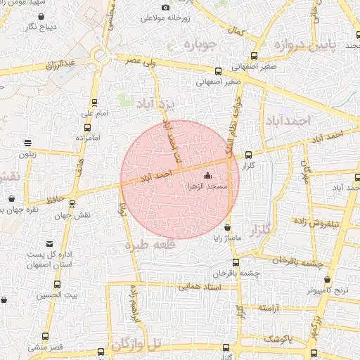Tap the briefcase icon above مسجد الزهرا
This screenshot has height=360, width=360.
point(207,176)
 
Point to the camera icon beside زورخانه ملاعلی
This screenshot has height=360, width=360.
point(165,8)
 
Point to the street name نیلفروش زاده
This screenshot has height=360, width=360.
point(335,222)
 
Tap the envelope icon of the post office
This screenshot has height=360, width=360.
point(49,242)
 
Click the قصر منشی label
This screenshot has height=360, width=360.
point(46,347)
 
